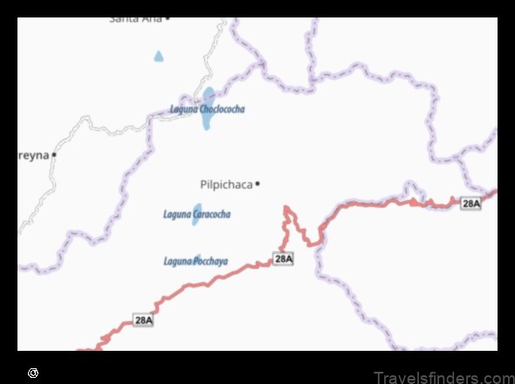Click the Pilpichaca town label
coord(226,184)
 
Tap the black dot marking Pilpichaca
coord(257,183)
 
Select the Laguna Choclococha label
coord(207,110)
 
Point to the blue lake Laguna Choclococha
coord(208,105)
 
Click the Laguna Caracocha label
coord(196,214)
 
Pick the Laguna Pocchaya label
coord(196,261)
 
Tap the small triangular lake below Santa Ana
coord(158,57)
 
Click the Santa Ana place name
coord(135,18)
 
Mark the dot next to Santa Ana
coord(167,17)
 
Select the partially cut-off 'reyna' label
coord(33,154)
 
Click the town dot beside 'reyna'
coord(54,154)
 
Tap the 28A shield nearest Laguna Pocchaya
coord(283,258)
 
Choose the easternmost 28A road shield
coord(470,203)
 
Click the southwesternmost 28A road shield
coord(143,320)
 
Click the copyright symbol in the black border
coord(33,373)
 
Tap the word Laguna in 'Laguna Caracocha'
coord(177,214)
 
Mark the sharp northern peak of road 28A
coord(286,208)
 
